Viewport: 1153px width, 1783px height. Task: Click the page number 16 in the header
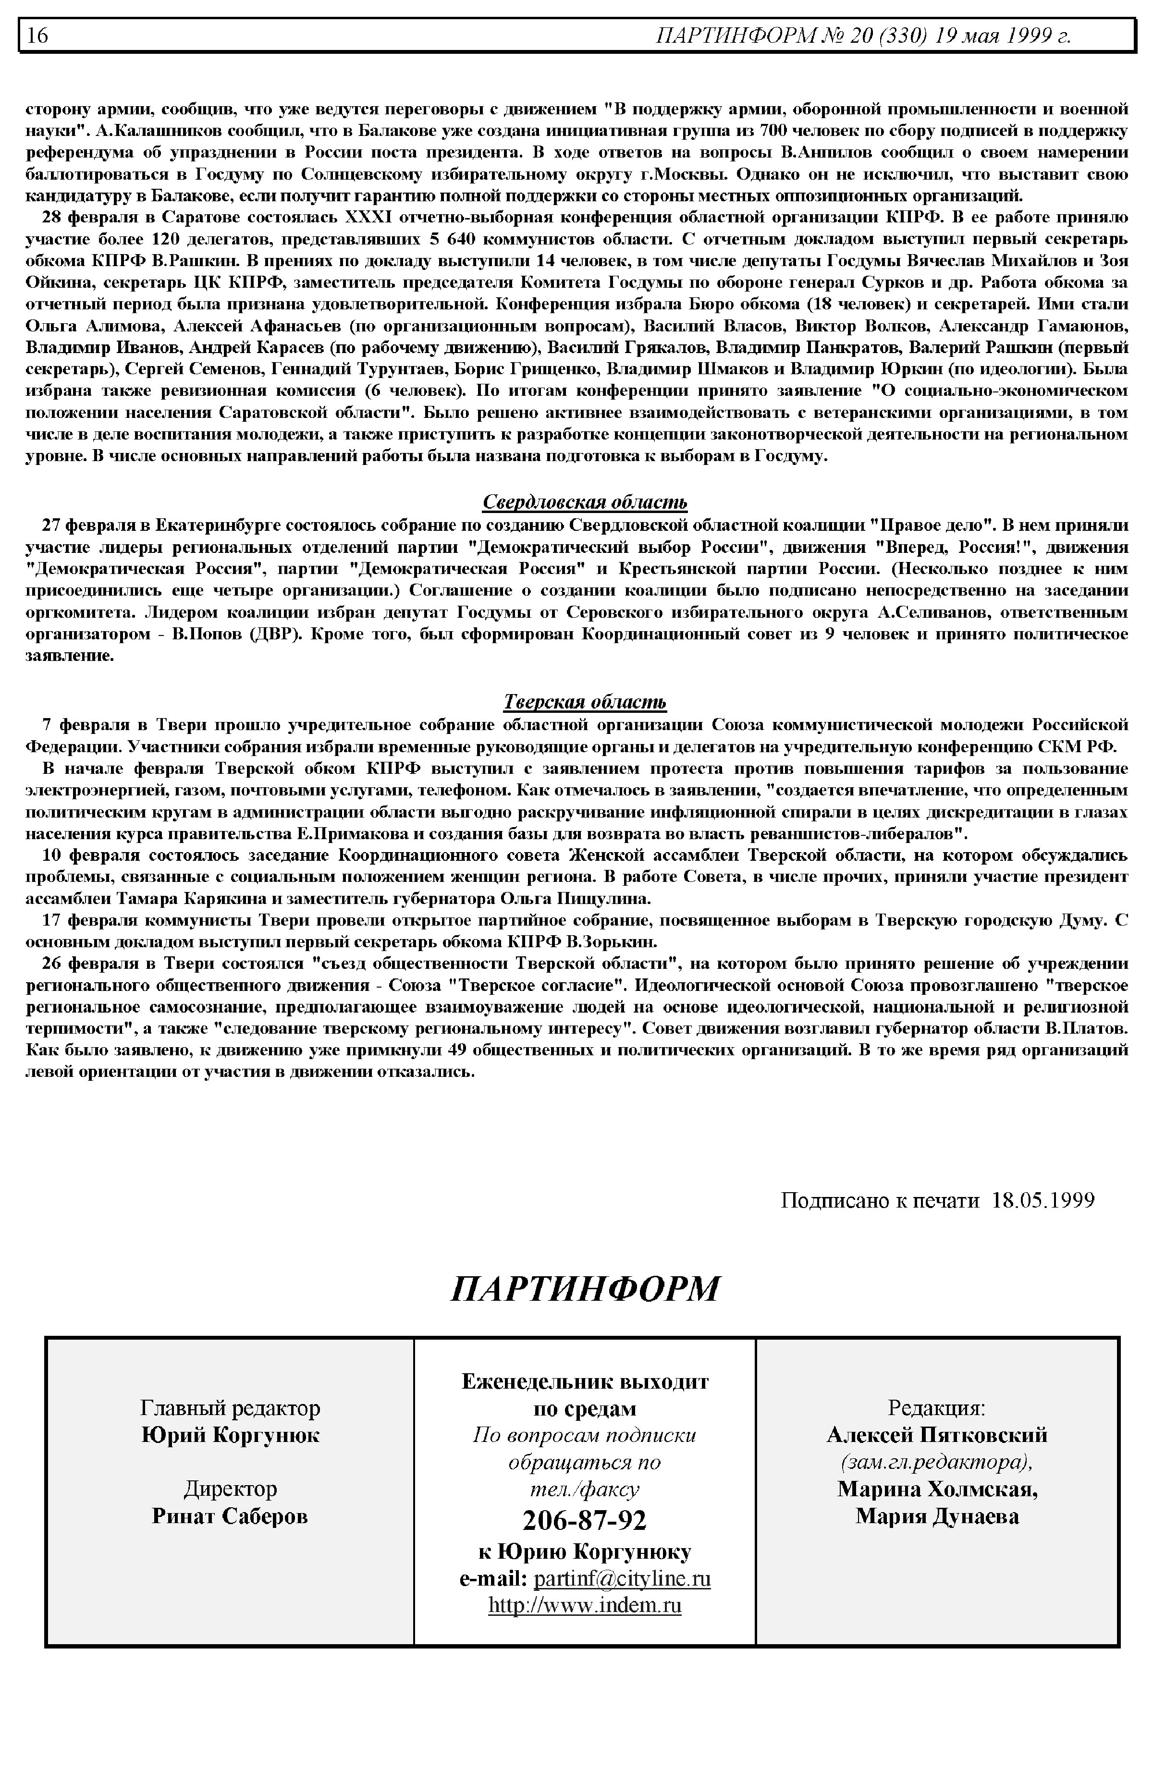37,35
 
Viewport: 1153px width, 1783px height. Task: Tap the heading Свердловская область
585,501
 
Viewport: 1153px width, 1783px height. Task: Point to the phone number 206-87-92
585,1519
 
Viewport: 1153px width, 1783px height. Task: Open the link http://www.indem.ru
585,1606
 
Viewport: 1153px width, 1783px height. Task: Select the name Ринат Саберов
230,1516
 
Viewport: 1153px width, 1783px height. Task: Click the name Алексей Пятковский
937,1435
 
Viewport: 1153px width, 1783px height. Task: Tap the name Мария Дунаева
937,1516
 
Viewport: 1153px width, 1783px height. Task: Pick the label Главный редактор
230,1408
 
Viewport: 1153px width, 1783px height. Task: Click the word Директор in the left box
230,1489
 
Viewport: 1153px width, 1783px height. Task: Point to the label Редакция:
937,1408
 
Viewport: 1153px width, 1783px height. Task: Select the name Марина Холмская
937,1489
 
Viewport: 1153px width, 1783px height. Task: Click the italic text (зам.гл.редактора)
937,1462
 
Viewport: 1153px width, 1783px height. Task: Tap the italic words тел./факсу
585,1489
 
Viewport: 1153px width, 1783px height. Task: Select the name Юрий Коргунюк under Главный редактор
230,1435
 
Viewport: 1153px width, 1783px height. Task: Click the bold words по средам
585,1408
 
